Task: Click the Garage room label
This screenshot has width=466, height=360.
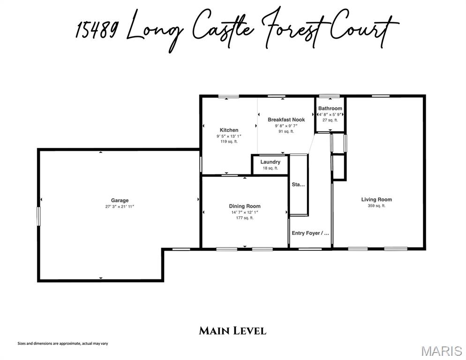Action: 120,200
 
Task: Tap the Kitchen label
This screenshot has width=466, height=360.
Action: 229,130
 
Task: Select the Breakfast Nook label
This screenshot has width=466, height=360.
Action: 286,120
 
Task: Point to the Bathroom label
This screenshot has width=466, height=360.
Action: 330,108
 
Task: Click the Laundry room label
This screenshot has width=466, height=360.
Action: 271,162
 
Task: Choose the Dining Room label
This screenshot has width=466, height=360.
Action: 245,206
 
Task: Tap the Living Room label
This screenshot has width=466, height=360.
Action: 376,200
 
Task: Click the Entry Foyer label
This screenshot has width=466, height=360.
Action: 310,233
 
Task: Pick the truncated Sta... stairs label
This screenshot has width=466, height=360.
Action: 298,185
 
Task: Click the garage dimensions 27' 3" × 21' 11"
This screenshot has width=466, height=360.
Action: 120,207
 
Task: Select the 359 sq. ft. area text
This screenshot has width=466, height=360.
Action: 376,206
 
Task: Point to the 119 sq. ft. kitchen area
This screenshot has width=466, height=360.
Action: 229,142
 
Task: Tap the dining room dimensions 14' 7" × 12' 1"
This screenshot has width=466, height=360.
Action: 245,212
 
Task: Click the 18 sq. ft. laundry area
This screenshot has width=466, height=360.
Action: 271,168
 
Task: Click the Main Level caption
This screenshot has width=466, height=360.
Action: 233,330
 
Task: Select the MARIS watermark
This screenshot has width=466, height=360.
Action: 441,351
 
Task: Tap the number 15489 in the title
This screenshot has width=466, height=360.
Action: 96,30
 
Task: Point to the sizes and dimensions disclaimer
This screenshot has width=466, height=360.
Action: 63,344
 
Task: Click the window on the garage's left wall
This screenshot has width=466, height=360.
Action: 38,216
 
